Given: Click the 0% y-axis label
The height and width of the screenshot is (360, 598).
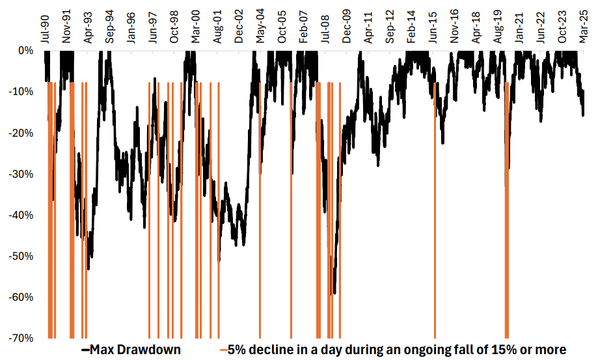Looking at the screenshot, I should (x=26, y=50).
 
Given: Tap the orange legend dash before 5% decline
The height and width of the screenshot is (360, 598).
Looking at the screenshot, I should (x=223, y=350).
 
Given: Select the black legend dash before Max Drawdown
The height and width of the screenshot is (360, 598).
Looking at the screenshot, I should (x=85, y=350).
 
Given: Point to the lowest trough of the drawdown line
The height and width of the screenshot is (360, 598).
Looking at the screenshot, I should (x=334, y=294).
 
